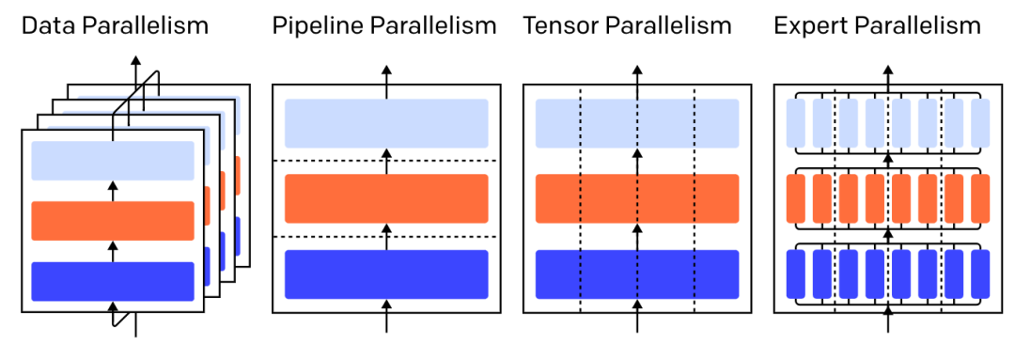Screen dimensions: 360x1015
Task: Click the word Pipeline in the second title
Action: coord(310,25)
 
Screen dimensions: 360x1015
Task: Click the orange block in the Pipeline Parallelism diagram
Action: coord(386,197)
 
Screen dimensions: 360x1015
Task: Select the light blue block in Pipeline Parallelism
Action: coord(386,123)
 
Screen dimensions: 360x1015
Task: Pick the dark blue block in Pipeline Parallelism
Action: coord(386,274)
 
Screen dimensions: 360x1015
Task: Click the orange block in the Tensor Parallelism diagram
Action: coord(637,197)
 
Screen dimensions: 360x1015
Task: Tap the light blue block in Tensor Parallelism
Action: coord(637,123)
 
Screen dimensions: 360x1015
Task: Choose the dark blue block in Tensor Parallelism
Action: coord(637,274)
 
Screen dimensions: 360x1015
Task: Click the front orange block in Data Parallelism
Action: coord(113,220)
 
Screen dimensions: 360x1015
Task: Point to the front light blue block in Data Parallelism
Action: coord(113,161)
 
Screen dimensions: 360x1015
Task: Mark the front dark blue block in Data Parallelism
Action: coord(113,281)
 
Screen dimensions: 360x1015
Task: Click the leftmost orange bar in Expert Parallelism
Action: coord(796,197)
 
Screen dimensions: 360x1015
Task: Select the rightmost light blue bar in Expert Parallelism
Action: coord(980,123)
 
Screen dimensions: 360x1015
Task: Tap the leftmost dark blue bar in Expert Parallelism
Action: coord(796,274)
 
